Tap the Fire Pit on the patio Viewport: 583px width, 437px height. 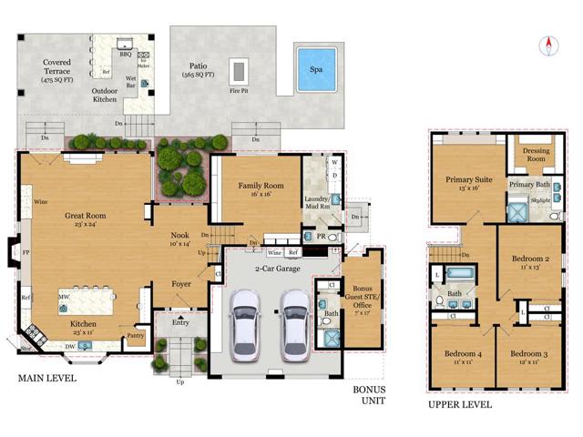240,69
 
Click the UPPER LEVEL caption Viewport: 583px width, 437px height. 459,404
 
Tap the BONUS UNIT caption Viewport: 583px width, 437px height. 370,394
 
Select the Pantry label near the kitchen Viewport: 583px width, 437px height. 135,336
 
